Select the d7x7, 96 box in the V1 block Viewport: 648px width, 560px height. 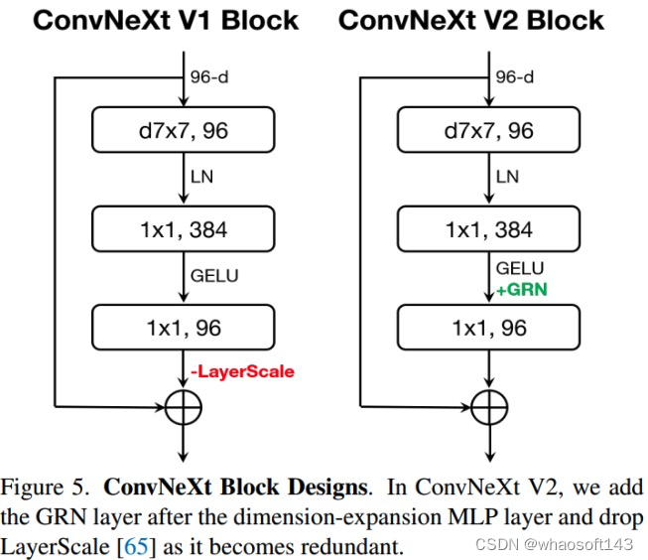pyautogui.click(x=182, y=130)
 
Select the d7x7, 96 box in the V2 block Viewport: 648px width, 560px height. pyautogui.click(x=489, y=130)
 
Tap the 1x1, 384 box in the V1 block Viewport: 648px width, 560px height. pyautogui.click(x=182, y=229)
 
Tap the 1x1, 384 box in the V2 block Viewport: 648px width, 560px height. pyautogui.click(x=489, y=229)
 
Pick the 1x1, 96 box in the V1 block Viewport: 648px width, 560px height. pyautogui.click(x=182, y=328)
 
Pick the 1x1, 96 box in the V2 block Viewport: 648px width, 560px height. pyautogui.click(x=489, y=328)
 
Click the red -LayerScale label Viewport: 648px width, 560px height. pyautogui.click(x=243, y=371)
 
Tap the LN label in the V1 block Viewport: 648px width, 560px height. pyautogui.click(x=202, y=177)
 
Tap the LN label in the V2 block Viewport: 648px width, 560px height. pyautogui.click(x=507, y=177)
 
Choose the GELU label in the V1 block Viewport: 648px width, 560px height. pyautogui.click(x=214, y=275)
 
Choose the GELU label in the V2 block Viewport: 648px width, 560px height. pyautogui.click(x=519, y=268)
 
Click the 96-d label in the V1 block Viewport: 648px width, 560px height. pyautogui.click(x=208, y=76)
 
